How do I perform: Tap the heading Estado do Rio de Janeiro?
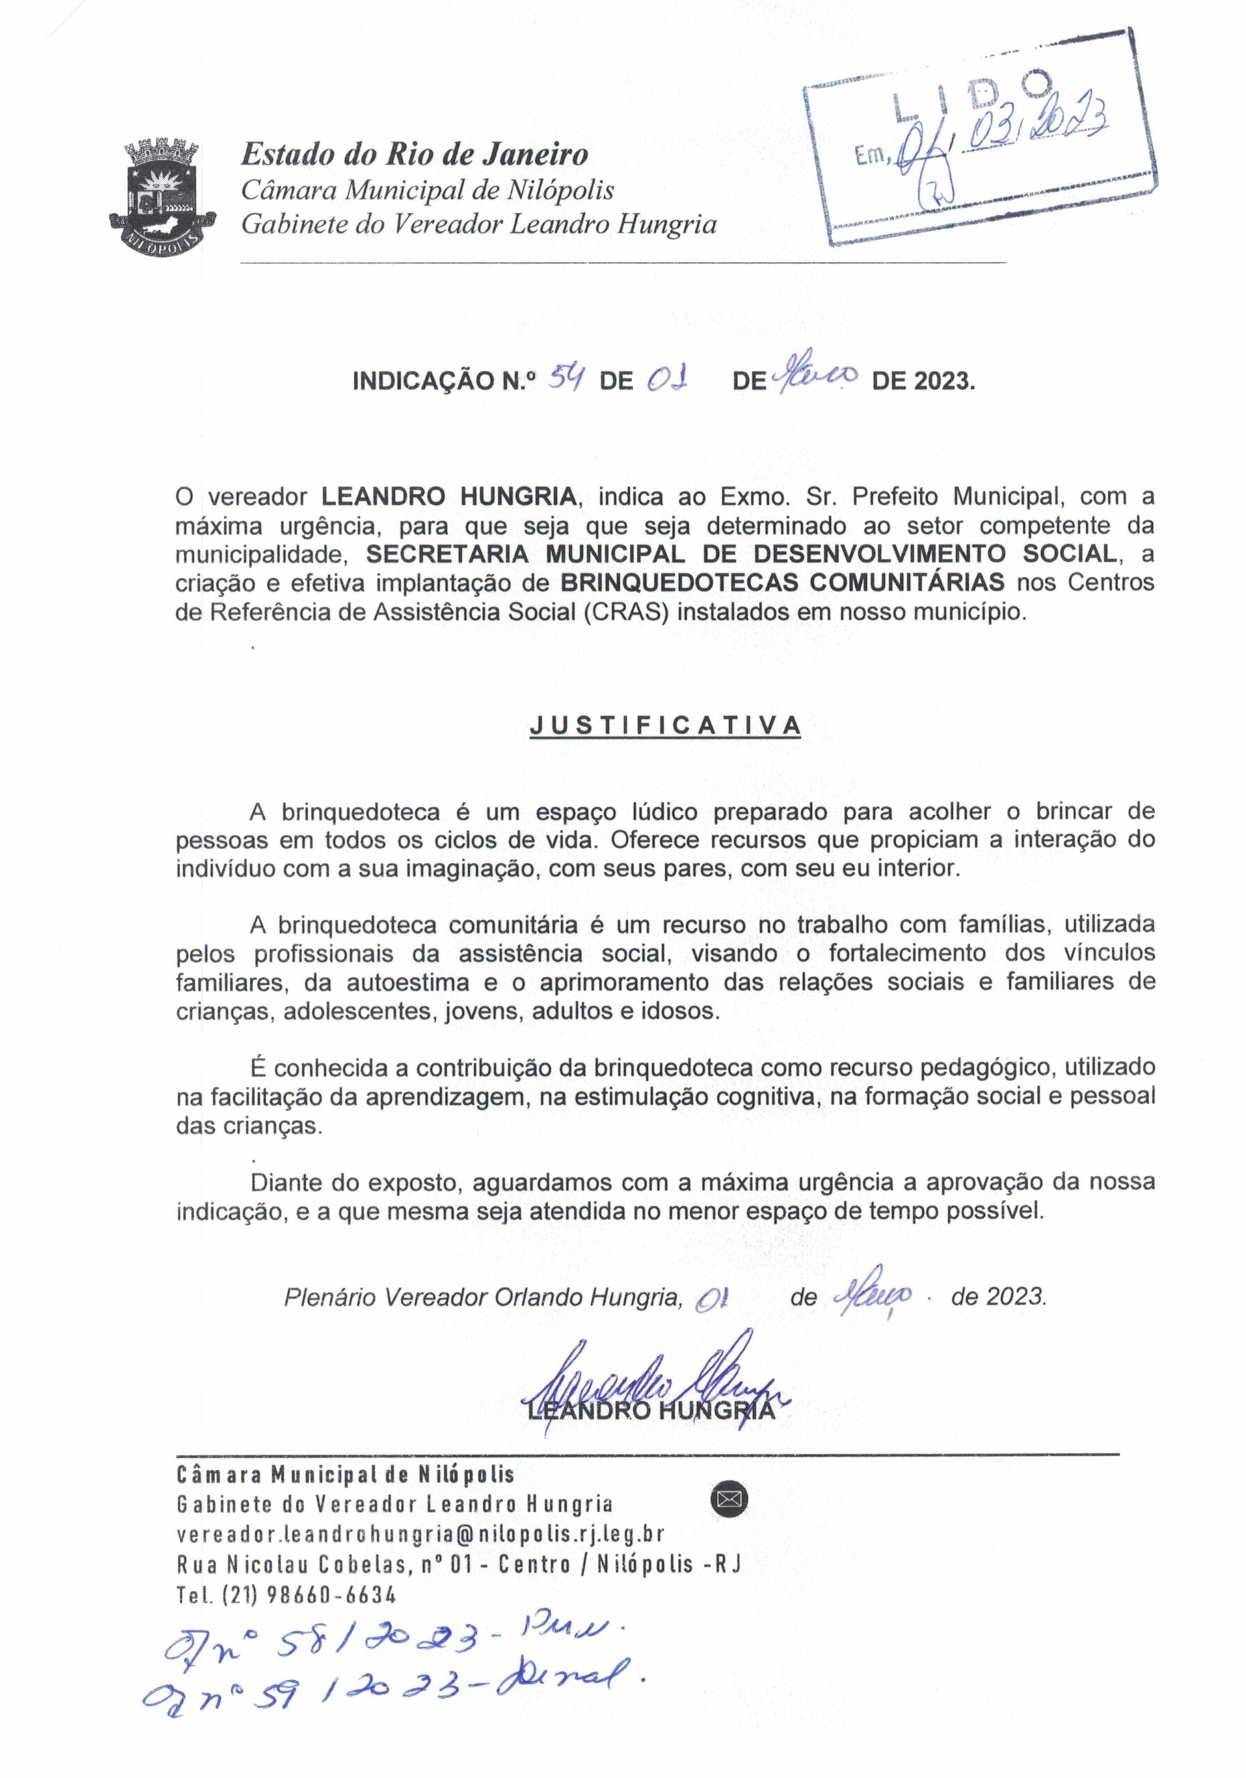[x=415, y=154]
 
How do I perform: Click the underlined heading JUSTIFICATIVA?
[x=665, y=726]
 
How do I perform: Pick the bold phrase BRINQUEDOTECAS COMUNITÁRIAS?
[x=782, y=581]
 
